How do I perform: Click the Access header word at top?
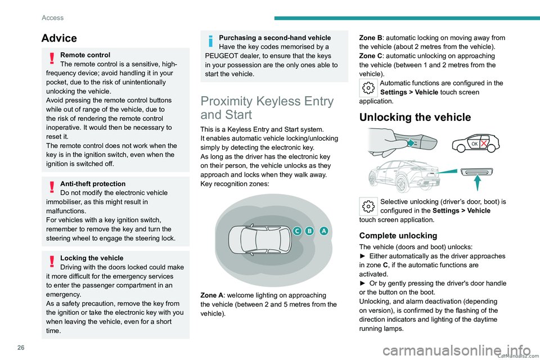pos(52,17)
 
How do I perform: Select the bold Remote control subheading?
pos(85,55)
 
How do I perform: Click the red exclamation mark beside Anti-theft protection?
pos(52,187)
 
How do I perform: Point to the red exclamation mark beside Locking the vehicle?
pos(52,262)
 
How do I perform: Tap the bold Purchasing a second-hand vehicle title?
pos(274,38)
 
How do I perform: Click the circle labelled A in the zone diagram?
pos(323,231)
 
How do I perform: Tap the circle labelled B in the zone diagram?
pos(310,231)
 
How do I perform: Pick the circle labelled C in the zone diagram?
pos(296,231)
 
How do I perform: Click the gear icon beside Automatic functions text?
pos(368,88)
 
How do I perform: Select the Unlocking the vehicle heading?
pos(415,117)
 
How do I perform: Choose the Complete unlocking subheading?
pos(397,235)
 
